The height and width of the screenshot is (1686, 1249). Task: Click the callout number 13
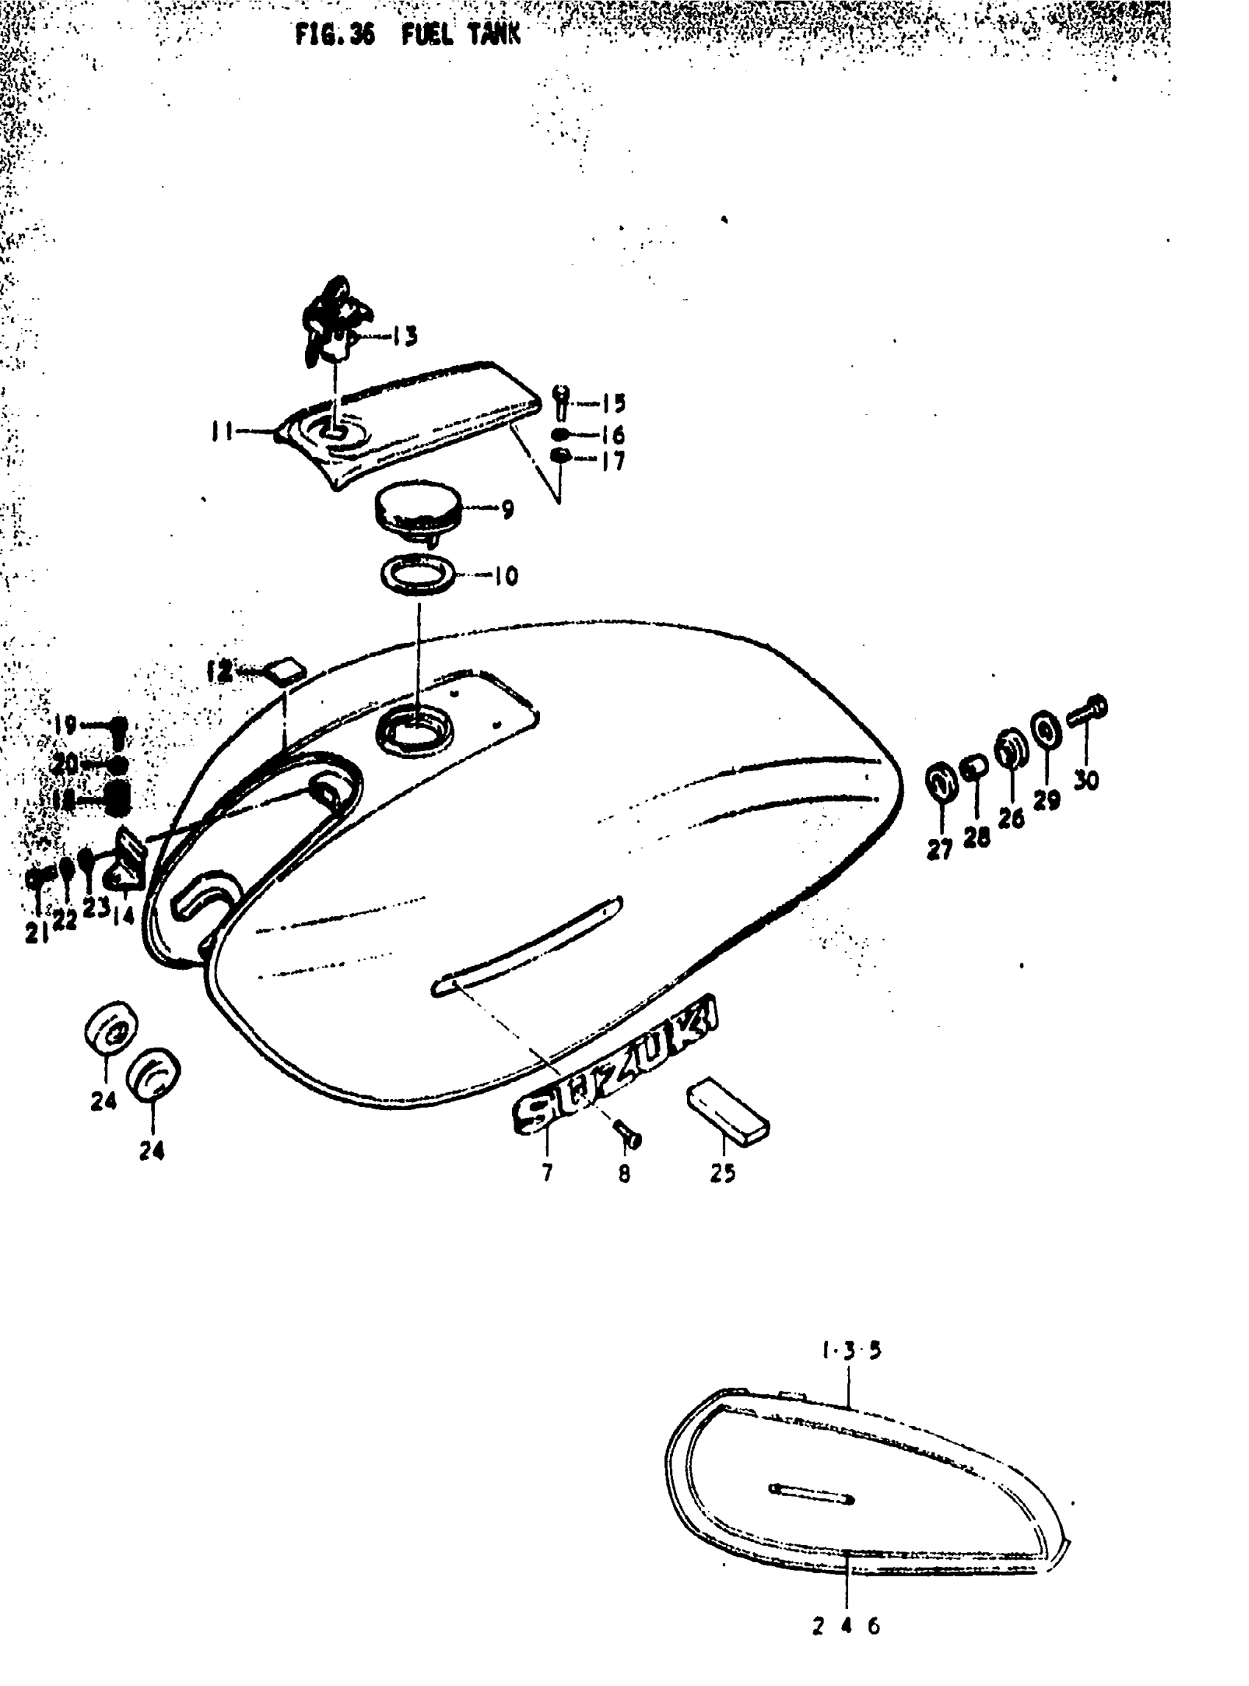pos(406,336)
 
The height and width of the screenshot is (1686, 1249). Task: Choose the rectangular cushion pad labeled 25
pos(728,1112)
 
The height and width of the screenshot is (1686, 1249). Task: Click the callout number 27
pos(939,850)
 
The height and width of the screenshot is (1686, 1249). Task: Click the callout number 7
pos(547,1172)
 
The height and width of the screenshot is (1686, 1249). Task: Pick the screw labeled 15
pos(561,403)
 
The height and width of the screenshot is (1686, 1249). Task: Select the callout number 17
pos(613,461)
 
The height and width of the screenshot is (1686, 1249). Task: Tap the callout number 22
pos(65,919)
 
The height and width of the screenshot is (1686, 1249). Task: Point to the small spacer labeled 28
pos(973,770)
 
